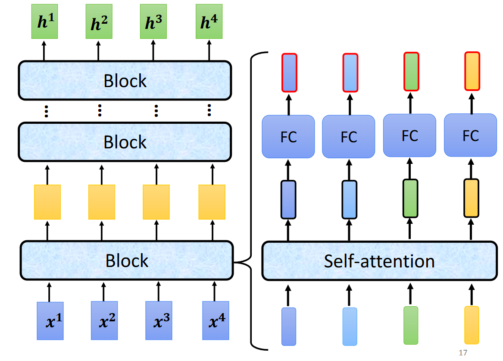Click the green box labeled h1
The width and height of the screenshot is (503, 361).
[x=44, y=22]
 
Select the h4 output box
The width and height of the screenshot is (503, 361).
[x=209, y=22]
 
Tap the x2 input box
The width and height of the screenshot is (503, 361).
[x=104, y=321]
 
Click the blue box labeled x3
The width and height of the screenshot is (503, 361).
[x=159, y=321]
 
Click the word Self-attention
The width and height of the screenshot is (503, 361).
[x=379, y=261]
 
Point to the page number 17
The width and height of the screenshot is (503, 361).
[x=463, y=353]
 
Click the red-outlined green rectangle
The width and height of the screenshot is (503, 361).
[x=411, y=72]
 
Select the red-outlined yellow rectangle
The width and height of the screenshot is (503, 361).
[x=472, y=71]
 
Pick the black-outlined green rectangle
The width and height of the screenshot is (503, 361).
[x=410, y=198]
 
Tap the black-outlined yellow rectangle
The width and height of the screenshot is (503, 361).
[x=471, y=198]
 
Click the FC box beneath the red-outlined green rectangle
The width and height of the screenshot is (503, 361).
[x=409, y=135]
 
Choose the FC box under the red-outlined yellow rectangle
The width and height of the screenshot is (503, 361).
[x=471, y=135]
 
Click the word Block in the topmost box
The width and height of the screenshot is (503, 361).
[x=125, y=81]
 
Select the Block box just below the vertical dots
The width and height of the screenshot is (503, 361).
[x=125, y=142]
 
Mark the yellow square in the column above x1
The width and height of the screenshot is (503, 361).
[x=47, y=202]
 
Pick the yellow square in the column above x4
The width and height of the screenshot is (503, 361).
[x=212, y=202]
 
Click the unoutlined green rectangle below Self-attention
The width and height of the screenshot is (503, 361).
[x=411, y=325]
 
